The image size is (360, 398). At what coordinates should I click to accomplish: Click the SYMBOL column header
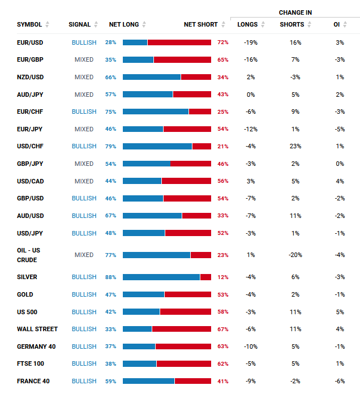point(29,24)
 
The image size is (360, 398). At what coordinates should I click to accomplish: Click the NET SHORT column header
point(201,24)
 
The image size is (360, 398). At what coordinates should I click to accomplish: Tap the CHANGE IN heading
point(295,12)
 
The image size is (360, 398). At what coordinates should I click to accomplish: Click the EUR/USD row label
point(29,42)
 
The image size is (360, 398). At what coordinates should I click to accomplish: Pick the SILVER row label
point(27,277)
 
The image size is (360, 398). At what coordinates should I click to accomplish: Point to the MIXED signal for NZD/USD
point(84,77)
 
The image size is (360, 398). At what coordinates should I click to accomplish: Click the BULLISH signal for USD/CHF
point(84,146)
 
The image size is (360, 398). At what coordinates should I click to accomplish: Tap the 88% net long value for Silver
point(110,277)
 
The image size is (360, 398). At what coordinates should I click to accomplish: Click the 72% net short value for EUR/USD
point(222,42)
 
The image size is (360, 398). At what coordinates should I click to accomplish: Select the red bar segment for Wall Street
point(182,329)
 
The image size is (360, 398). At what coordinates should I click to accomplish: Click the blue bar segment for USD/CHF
point(157,146)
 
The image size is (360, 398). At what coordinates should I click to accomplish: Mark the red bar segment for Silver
point(205,277)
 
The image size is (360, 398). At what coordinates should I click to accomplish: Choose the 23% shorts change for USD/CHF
point(295,146)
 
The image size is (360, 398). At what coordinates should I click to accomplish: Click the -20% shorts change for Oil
point(295,255)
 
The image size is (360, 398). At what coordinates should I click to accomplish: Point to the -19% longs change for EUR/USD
point(250,42)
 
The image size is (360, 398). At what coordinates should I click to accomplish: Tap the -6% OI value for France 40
point(339,381)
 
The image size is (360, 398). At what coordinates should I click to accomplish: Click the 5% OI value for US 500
point(339,312)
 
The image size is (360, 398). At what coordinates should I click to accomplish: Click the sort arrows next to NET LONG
point(144,24)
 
